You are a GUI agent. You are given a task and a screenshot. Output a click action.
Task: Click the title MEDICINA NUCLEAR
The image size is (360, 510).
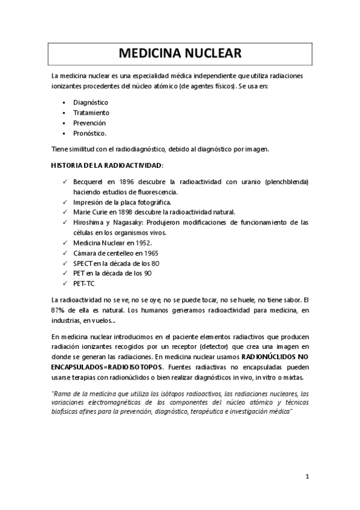pyautogui.click(x=180, y=54)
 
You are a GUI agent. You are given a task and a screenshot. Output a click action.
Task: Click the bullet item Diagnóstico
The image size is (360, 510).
pyautogui.click(x=91, y=102)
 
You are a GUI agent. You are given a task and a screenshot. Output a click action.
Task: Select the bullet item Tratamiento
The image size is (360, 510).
pyautogui.click(x=91, y=112)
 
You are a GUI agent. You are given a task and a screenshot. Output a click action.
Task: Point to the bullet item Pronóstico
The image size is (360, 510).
pyautogui.click(x=90, y=133)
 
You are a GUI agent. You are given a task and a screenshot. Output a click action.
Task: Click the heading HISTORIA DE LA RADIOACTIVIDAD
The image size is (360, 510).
pyautogui.click(x=106, y=165)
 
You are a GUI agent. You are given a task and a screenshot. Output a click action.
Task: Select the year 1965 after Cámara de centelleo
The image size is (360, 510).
pyautogui.click(x=147, y=253)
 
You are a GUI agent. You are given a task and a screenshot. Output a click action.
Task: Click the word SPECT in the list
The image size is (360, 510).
pyautogui.click(x=82, y=263)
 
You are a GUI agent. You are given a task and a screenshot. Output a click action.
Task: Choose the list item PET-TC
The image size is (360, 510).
pyautogui.click(x=83, y=284)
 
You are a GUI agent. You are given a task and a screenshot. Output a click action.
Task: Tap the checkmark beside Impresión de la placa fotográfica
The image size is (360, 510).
pyautogui.click(x=65, y=202)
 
